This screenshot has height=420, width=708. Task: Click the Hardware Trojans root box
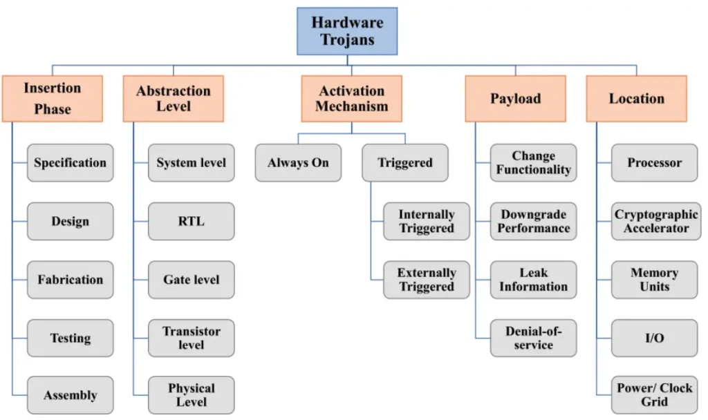click(347, 31)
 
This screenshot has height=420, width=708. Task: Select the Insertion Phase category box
click(53, 98)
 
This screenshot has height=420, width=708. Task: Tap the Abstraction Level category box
click(174, 98)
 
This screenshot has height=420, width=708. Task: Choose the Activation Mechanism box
click(351, 98)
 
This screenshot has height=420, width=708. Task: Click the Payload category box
click(515, 98)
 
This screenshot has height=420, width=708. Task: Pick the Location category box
click(636, 98)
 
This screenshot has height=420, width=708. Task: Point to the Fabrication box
click(70, 280)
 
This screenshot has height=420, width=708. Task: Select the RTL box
click(191, 221)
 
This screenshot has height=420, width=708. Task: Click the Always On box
click(298, 163)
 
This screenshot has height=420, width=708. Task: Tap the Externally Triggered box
click(427, 280)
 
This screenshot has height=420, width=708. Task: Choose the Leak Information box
click(533, 280)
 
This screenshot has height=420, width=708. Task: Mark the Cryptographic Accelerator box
click(654, 221)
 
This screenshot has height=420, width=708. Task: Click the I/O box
click(654, 338)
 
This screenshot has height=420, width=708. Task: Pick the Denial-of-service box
click(533, 338)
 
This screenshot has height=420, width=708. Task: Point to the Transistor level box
click(191, 338)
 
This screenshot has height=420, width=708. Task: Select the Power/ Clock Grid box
click(654, 395)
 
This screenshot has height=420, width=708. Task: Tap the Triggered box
click(405, 163)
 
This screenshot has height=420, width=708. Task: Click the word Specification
click(70, 163)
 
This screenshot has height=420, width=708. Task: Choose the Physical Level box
click(191, 395)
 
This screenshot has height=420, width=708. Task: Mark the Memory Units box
click(654, 280)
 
